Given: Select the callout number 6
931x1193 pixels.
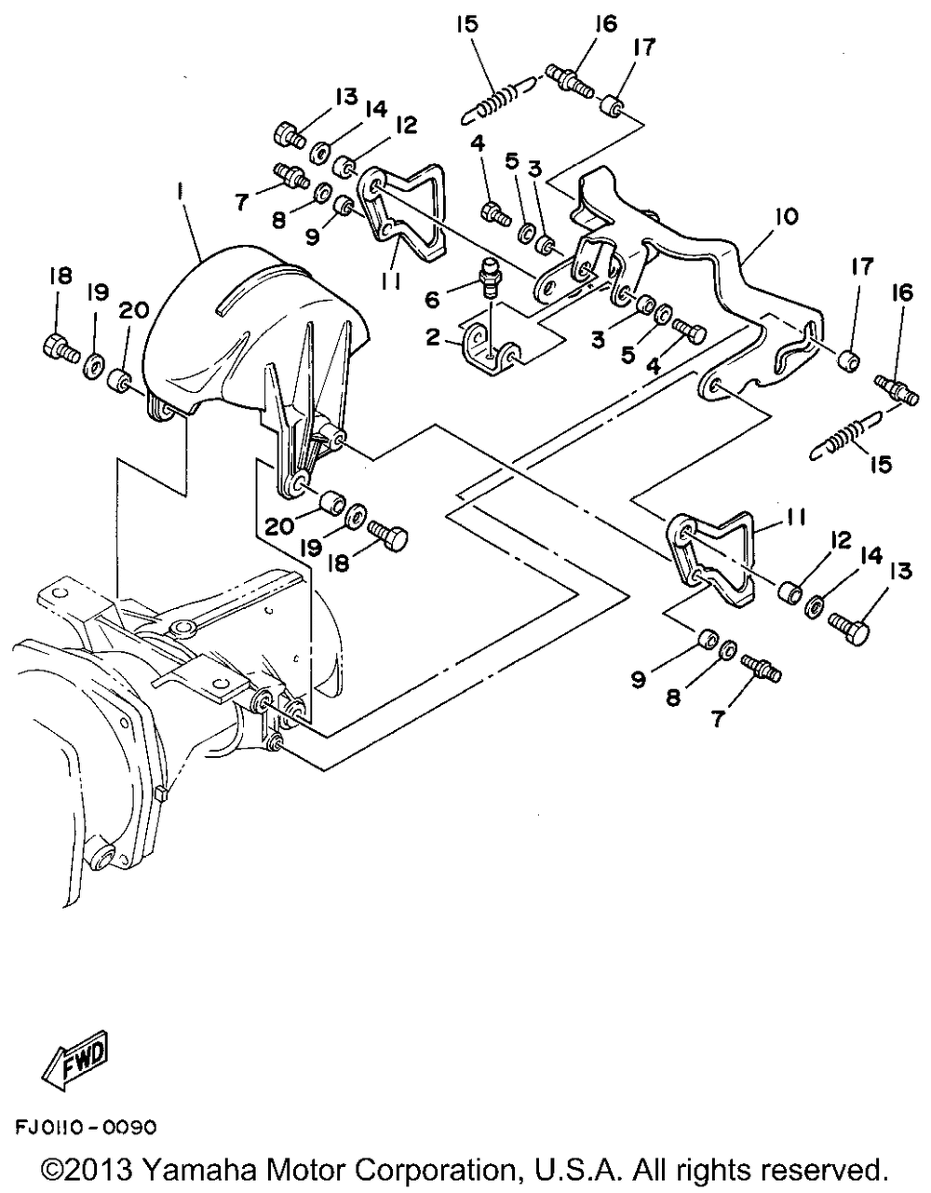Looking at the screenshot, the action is (x=433, y=300).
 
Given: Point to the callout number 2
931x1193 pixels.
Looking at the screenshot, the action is (x=433, y=336).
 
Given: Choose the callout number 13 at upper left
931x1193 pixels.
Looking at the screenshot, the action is (x=346, y=98).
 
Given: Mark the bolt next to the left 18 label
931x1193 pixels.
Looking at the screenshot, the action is (x=61, y=348).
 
